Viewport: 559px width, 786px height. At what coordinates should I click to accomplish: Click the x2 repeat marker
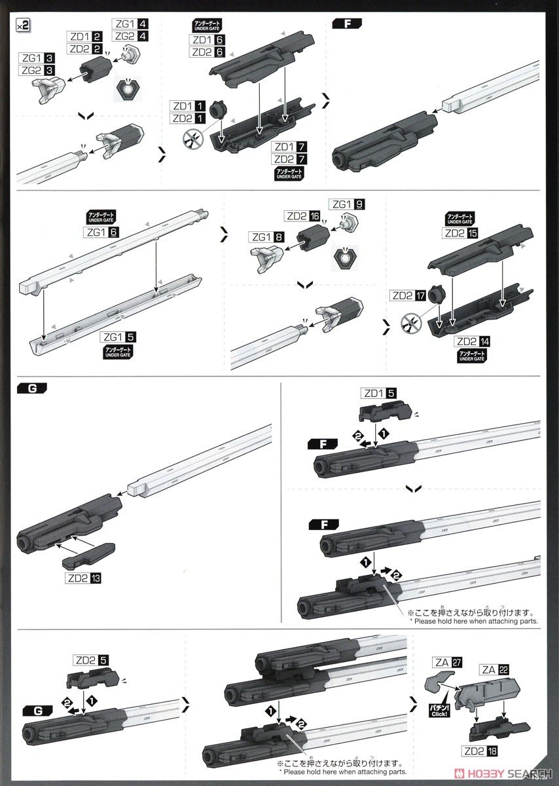[22, 25]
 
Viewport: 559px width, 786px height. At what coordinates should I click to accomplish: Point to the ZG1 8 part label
[266, 238]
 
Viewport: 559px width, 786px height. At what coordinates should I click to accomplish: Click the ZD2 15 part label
[461, 233]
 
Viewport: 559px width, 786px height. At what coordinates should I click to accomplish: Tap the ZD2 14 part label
[472, 341]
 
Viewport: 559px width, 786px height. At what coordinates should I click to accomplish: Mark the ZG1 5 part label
[118, 337]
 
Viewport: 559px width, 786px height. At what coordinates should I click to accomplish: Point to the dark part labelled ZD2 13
[88, 556]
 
